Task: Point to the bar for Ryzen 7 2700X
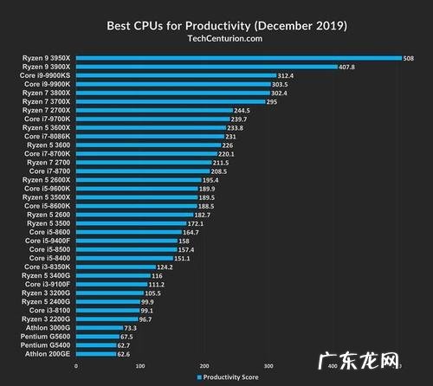[154, 111]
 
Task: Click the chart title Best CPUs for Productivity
[216, 25]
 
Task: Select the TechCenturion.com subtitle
[216, 39]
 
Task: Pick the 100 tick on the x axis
[140, 365]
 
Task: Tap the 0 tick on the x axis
[76, 365]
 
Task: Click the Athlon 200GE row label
[48, 353]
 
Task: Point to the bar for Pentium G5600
[97, 336]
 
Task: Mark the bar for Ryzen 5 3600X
[151, 128]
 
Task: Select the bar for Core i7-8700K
[146, 154]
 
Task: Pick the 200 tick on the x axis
[204, 365]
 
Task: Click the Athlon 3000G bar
[99, 327]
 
